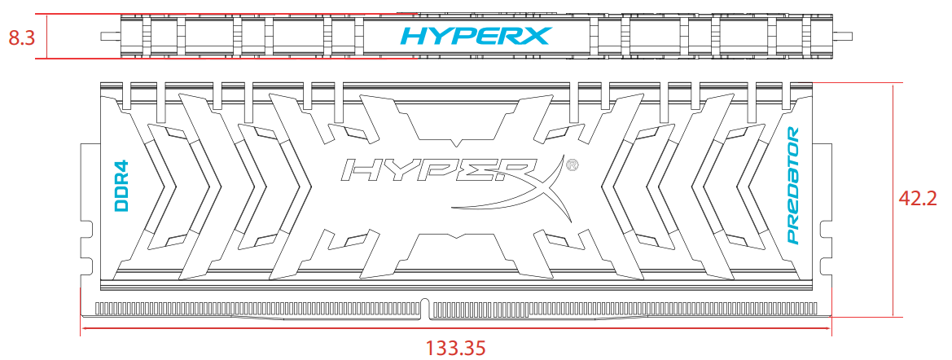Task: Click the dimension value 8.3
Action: [x=20, y=37]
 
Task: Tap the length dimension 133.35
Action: [x=455, y=348]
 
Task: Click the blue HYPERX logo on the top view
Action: [x=476, y=36]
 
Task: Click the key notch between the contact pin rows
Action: [x=428, y=308]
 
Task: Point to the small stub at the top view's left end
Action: [x=106, y=36]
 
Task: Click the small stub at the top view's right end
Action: [x=846, y=36]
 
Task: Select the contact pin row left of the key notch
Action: [x=261, y=309]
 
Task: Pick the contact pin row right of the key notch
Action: [x=627, y=309]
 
